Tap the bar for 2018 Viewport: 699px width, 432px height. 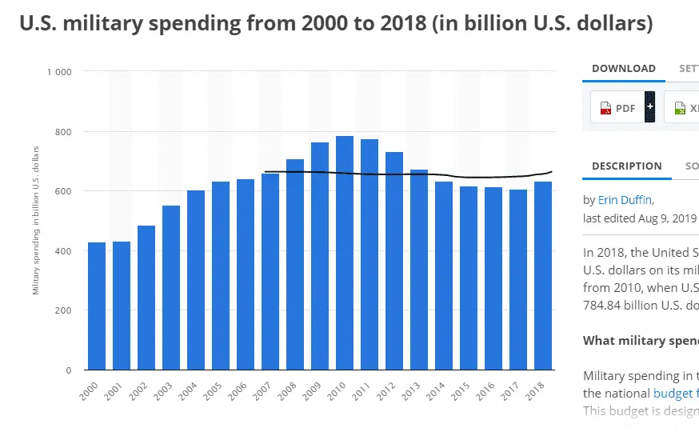coord(543,276)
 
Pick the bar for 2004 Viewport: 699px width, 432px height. coord(196,280)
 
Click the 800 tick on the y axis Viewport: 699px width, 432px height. coord(62,131)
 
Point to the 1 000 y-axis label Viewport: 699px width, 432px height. coord(59,72)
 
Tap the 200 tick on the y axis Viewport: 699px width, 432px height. coord(62,310)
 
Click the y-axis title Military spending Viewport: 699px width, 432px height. coord(37,220)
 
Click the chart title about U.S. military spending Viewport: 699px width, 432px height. coord(335,24)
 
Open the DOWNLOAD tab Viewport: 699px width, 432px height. coord(623,69)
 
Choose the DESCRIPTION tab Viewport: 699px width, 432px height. coord(626,166)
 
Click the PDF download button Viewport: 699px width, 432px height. coord(617,107)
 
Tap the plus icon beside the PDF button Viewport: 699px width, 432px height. coord(650,106)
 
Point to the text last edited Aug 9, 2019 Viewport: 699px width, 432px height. coord(640,218)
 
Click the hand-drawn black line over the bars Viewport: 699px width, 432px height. coord(400,174)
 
